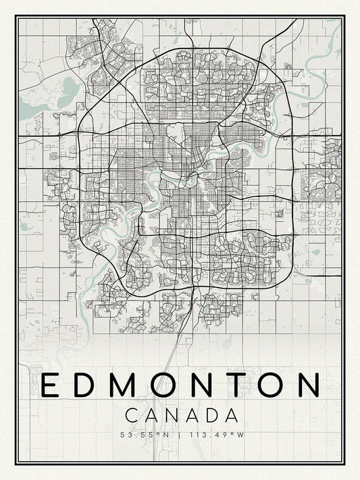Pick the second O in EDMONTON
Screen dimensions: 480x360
pyautogui.click(x=276, y=384)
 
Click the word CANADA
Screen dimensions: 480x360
pyautogui.click(x=180, y=414)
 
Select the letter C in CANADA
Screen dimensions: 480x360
pyautogui.click(x=132, y=414)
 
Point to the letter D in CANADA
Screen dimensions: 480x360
pyautogui.click(x=211, y=414)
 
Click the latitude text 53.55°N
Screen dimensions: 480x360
pyautogui.click(x=145, y=433)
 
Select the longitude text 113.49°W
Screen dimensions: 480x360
pyautogui.click(x=216, y=433)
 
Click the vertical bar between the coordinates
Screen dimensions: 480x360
pyautogui.click(x=180, y=433)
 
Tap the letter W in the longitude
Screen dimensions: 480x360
pyautogui.click(x=239, y=433)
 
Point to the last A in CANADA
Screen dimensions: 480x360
pyautogui.click(x=230, y=414)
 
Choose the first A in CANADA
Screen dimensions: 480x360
pyautogui.click(x=151, y=414)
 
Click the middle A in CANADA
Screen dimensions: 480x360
pyautogui.click(x=191, y=414)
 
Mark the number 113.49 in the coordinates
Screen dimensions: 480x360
pyautogui.click(x=209, y=433)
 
